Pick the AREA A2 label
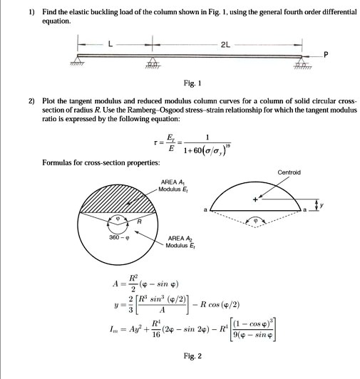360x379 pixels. [x=179, y=239]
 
